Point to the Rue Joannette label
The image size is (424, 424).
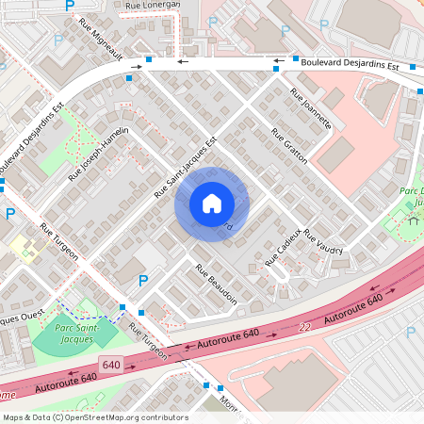coord(311,108)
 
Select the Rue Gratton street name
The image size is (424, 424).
coord(289,146)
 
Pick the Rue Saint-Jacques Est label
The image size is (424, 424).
coord(186,169)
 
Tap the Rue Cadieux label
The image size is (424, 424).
coord(283,247)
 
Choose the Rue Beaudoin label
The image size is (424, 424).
coord(216,284)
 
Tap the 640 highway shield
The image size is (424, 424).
coord(112,364)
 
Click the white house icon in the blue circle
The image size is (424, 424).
coord(212,204)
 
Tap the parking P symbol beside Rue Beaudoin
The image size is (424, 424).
coord(143,280)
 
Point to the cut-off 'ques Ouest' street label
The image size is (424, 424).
coord(20,318)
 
